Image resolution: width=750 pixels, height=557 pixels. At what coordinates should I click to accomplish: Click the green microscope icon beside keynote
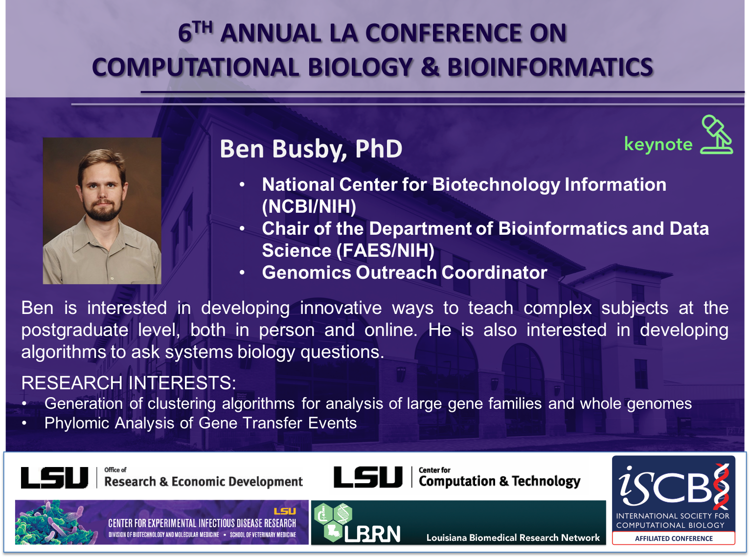coord(716,135)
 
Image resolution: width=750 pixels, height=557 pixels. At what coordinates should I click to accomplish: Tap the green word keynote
coord(659,144)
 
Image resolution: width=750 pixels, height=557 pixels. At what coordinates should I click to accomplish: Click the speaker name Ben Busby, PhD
coord(311,149)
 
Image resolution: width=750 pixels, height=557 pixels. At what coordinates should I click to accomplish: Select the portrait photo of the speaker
coord(102,211)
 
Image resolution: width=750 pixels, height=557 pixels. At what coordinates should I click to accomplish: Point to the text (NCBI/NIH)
coord(309,206)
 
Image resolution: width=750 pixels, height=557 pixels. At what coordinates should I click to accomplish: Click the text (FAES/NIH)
coord(385,250)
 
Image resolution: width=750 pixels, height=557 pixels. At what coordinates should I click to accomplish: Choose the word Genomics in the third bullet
coord(306,273)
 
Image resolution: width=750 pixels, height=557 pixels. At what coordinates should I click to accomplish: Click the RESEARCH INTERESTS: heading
coord(129,383)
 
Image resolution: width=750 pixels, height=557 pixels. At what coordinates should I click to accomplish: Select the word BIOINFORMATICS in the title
coord(550,67)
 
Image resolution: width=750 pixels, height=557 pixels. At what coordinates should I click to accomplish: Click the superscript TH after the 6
coord(203,27)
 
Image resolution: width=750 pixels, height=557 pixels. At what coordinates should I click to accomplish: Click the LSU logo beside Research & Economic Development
coord(54,478)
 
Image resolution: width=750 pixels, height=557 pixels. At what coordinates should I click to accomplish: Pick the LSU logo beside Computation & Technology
coord(368,477)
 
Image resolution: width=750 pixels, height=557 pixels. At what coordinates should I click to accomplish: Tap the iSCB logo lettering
coord(673,487)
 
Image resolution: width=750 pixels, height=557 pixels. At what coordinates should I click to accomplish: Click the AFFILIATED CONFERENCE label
coord(674,538)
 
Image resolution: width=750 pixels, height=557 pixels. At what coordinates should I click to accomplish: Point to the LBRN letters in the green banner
coord(372,534)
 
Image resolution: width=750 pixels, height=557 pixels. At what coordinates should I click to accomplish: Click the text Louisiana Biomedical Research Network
coord(513,537)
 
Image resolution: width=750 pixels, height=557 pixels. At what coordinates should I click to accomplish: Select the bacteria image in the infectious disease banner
coord(51,522)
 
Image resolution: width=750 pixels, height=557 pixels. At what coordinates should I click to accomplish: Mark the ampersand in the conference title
coord(430,67)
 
